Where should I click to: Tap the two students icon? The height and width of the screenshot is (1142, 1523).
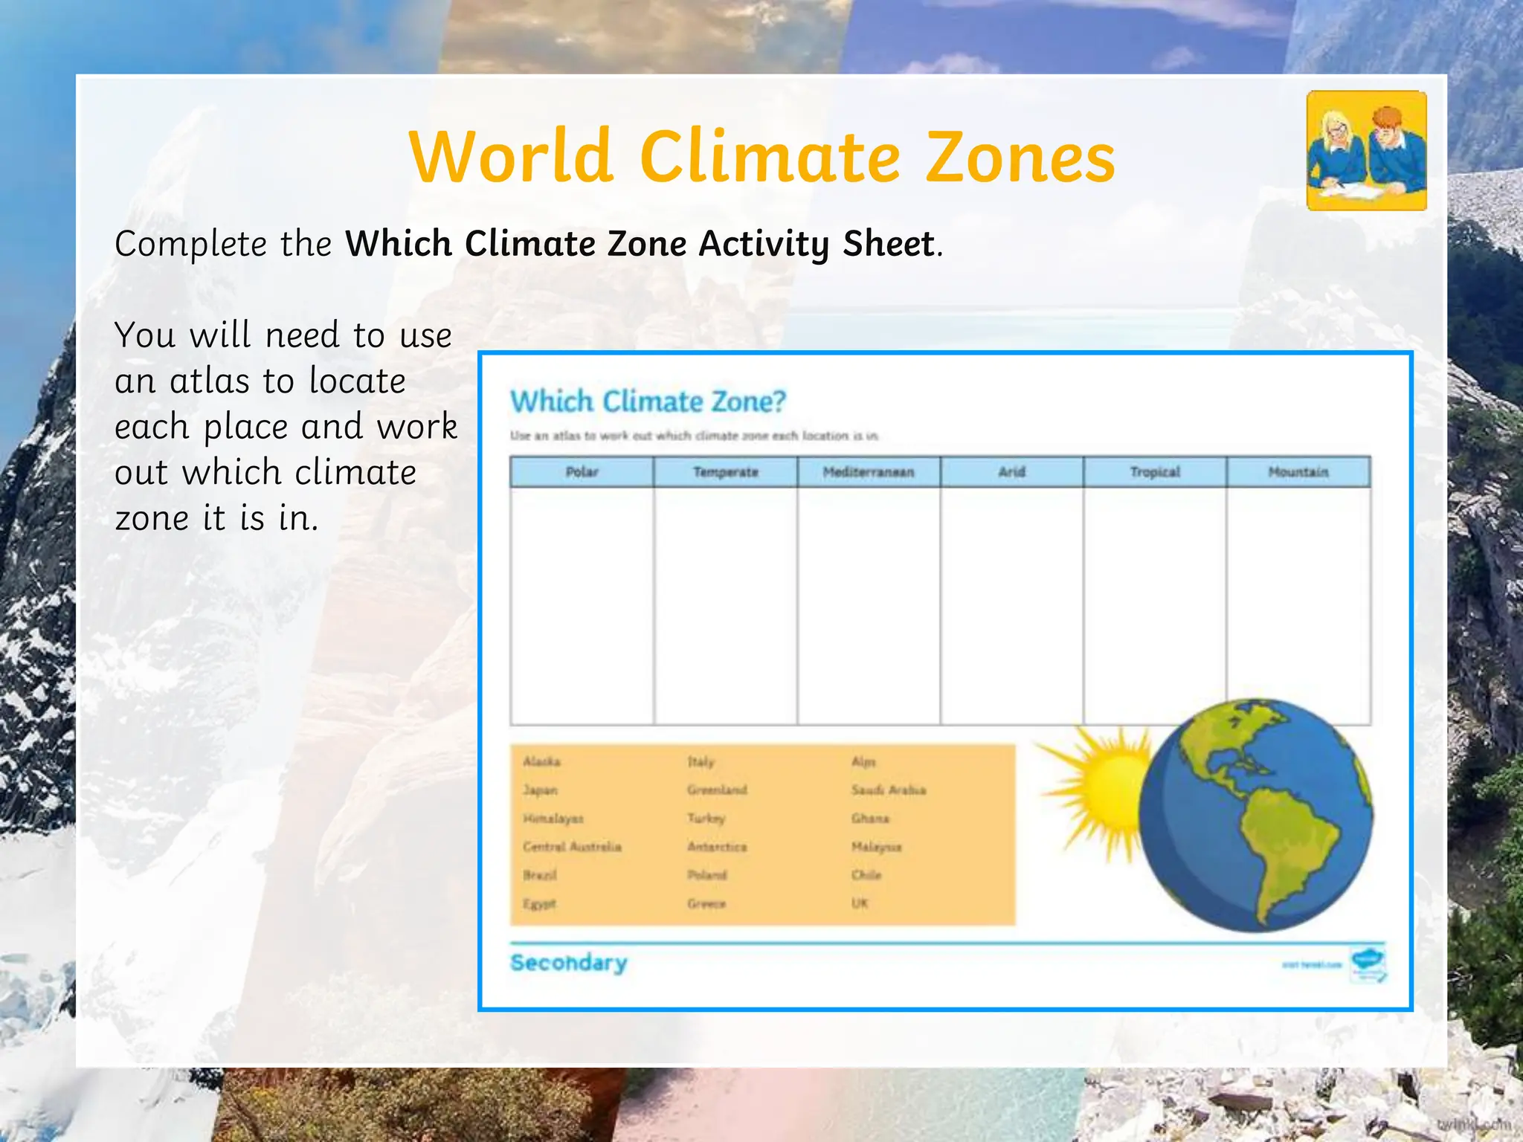[x=1366, y=151]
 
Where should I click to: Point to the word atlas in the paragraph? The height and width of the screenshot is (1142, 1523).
[x=209, y=381]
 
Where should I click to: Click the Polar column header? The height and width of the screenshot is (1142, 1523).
[x=582, y=472]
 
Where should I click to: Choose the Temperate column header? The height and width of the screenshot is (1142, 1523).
[x=725, y=472]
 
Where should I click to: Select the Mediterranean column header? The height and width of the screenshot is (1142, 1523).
[x=868, y=472]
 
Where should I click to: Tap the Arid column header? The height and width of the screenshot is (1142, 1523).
[x=1011, y=472]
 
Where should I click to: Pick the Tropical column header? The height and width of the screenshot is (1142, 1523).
[x=1154, y=472]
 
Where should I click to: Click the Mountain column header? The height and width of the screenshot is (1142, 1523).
[x=1298, y=472]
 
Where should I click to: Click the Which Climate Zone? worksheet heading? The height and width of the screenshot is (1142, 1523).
[x=648, y=401]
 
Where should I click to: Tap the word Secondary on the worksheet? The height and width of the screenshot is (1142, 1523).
[x=568, y=963]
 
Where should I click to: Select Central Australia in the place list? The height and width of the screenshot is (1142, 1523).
[x=572, y=847]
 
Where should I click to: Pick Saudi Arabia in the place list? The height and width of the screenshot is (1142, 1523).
[x=889, y=790]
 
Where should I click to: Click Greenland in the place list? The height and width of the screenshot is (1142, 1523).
[x=717, y=790]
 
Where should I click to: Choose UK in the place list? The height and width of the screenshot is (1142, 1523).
[x=860, y=903]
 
